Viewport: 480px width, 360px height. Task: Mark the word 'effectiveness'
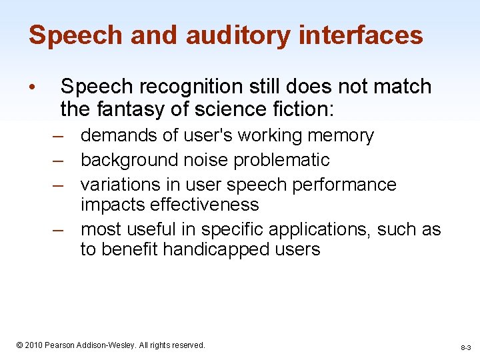tap(169, 204)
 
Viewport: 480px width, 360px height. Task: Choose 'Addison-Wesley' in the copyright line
tap(114, 345)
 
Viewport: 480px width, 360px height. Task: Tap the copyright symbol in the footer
tap(19, 345)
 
